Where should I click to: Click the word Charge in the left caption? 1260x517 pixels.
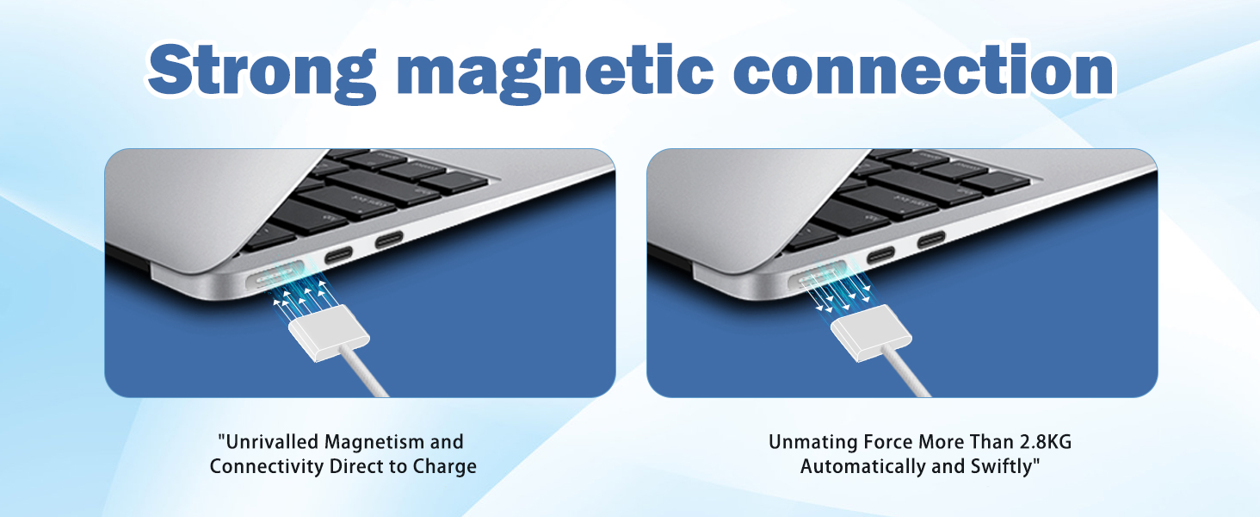tap(444, 467)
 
